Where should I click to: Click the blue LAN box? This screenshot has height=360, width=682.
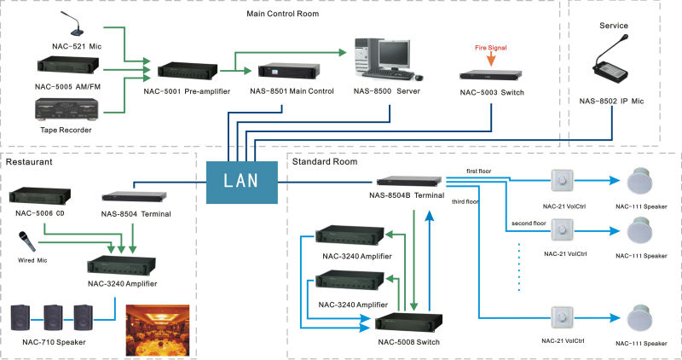(x=242, y=183)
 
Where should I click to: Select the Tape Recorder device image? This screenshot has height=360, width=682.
(x=66, y=110)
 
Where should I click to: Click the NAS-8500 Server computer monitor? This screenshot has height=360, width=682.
(x=394, y=55)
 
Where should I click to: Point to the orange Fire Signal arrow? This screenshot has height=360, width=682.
(x=491, y=59)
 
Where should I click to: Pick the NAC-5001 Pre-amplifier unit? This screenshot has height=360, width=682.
(x=188, y=72)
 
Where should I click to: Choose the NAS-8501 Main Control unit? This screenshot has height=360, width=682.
(x=289, y=72)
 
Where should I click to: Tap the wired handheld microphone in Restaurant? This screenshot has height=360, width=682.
(x=26, y=241)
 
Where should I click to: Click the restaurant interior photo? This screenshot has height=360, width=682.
(x=158, y=330)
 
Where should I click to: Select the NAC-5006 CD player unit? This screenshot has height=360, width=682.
(x=40, y=196)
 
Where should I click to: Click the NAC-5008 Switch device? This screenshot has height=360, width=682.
(x=408, y=324)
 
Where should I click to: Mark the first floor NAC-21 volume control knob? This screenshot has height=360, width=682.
(x=562, y=181)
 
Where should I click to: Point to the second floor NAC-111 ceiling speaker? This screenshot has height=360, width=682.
(x=640, y=231)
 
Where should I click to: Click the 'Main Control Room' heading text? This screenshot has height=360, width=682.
(x=283, y=14)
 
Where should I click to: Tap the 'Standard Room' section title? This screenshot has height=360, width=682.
(x=325, y=161)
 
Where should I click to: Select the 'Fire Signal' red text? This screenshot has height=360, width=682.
(x=491, y=48)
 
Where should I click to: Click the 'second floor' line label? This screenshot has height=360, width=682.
(x=529, y=223)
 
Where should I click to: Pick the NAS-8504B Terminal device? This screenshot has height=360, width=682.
(x=409, y=181)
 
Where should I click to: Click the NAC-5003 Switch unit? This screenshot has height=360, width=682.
(x=491, y=75)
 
